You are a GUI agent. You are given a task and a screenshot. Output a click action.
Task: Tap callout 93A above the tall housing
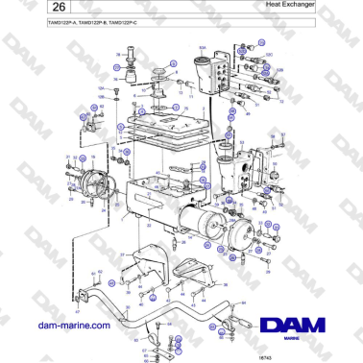(x=202, y=44)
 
